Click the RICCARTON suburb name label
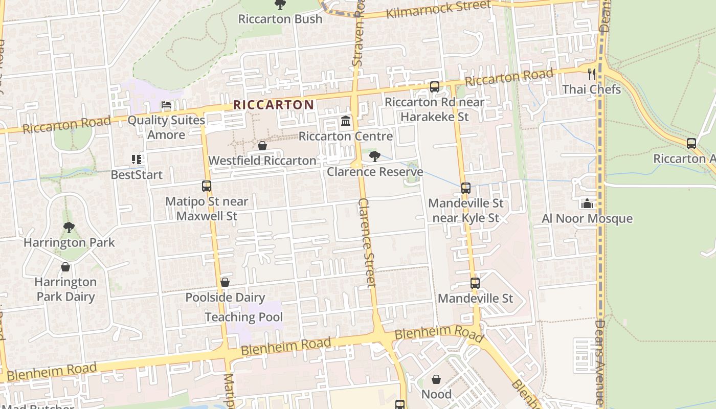pos(274,105)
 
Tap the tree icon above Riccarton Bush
pos(280,5)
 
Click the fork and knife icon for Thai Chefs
pos(592,74)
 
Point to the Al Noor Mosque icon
pos(587,203)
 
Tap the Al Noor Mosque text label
pos(587,219)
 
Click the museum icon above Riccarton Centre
pos(346,122)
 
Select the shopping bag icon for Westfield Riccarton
pos(262,146)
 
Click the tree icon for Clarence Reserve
pos(374,156)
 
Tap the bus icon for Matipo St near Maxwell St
pos(207,186)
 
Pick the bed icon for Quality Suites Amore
pos(166,105)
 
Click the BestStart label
pos(137,175)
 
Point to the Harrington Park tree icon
pos(69,228)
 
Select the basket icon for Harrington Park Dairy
pos(65,267)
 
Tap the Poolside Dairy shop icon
pos(225,282)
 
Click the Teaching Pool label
pos(243,317)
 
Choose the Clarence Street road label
pos(367,243)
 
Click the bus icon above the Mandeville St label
pos(475,283)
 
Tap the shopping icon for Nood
pos(436,379)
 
